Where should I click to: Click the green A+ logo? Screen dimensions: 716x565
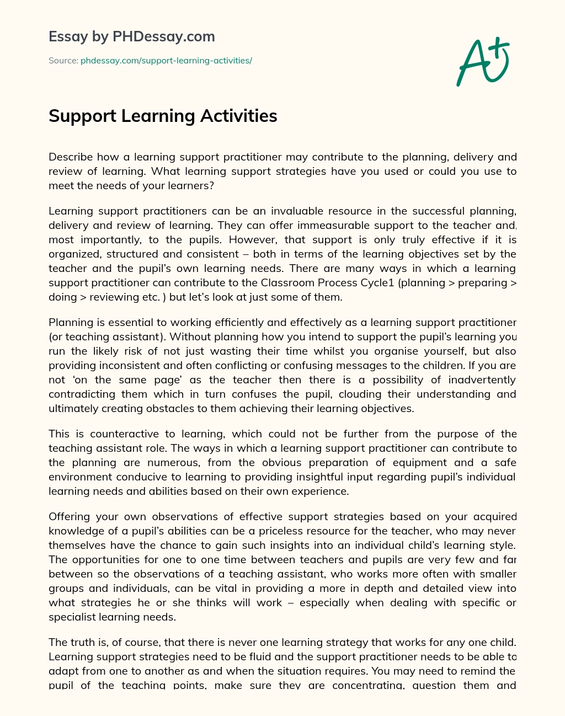point(483,62)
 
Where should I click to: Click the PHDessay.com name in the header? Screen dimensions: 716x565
point(164,36)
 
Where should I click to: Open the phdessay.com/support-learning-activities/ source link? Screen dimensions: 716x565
point(166,61)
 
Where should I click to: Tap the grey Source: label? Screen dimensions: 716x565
point(63,61)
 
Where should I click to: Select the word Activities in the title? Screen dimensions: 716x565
point(239,116)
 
